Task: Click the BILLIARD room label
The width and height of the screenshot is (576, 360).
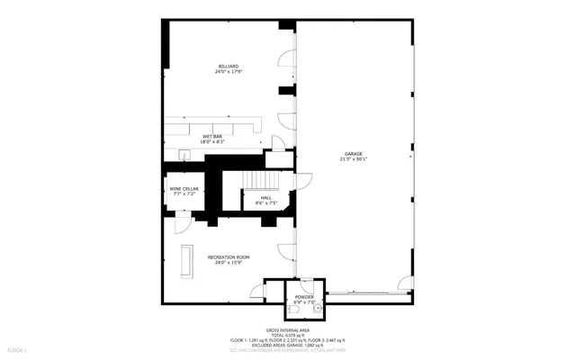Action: pyautogui.click(x=229, y=66)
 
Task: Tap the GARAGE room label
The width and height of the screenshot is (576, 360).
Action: pyautogui.click(x=354, y=154)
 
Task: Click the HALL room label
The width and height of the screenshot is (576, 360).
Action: pyautogui.click(x=266, y=197)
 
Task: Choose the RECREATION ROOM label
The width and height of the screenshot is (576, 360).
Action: pyautogui.click(x=229, y=256)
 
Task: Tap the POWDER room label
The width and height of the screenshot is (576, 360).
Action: pyautogui.click(x=304, y=297)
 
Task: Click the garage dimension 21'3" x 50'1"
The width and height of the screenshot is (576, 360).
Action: pyautogui.click(x=354, y=160)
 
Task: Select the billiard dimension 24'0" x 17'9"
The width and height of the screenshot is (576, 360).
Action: pyautogui.click(x=229, y=72)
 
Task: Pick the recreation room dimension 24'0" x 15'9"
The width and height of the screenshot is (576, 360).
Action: pyautogui.click(x=229, y=263)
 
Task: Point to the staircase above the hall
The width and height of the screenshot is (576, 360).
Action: pyautogui.click(x=262, y=180)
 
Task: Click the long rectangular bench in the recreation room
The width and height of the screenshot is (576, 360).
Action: pyautogui.click(x=187, y=261)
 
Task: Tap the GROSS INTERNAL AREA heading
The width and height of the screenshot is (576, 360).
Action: pyautogui.click(x=287, y=328)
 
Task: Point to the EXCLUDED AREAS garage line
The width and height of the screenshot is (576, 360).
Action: pyautogui.click(x=287, y=344)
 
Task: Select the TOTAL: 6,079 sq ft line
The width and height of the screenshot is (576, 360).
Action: pyautogui.click(x=287, y=334)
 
